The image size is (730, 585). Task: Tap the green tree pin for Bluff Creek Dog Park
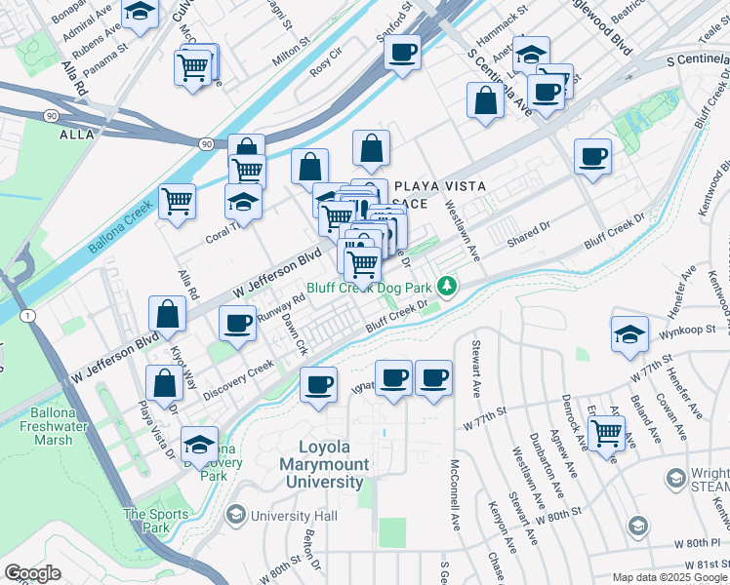tap(447, 287)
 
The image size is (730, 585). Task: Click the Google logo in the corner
tap(32, 573)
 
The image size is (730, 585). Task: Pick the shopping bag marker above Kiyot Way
tap(167, 314)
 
